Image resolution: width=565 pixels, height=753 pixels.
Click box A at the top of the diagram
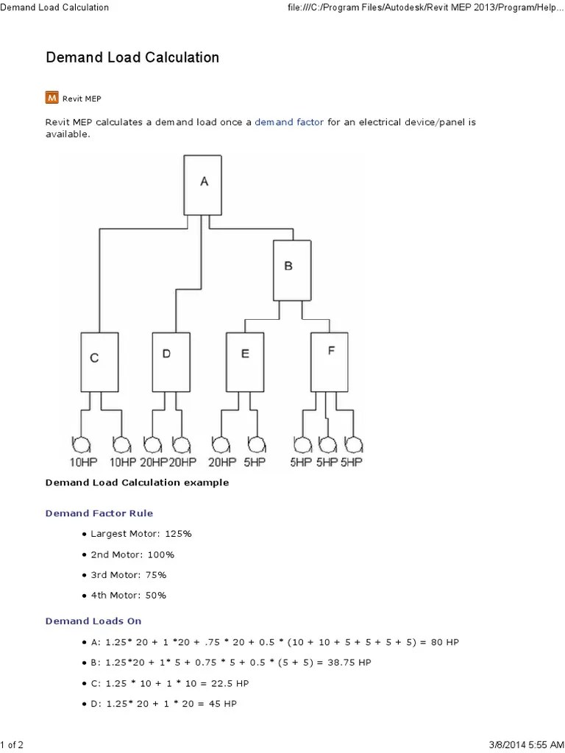[205, 184]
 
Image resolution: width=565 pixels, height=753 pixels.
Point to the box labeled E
[244, 361]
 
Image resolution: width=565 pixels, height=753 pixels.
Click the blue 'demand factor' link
[289, 122]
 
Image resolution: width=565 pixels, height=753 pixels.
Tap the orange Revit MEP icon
[52, 96]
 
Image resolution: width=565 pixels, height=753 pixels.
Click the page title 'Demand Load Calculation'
[132, 57]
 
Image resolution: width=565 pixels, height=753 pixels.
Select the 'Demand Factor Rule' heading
[99, 513]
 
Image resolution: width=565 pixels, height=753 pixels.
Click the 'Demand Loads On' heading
[93, 621]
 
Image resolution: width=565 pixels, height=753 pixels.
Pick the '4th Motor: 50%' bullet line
[128, 595]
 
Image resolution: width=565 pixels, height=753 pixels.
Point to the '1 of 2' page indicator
[12, 746]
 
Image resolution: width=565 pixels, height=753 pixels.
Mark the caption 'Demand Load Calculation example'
[137, 483]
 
